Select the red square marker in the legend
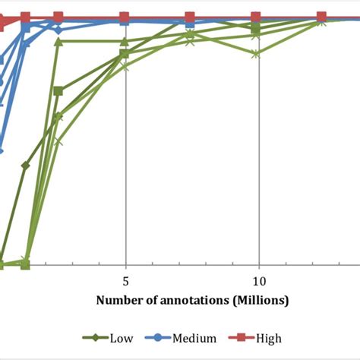pos(245,338)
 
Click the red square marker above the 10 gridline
pos(256,16)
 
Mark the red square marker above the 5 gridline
pos(125,16)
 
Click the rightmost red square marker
pos(321,16)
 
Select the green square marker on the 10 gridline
pos(256,29)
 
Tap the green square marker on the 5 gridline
pos(124,54)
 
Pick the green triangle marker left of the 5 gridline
pos(58,41)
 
